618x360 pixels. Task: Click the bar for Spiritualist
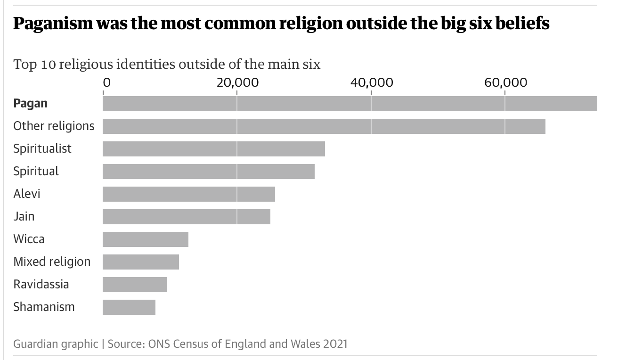tap(213, 148)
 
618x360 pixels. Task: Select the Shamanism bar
tap(129, 307)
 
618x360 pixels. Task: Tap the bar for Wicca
tap(145, 239)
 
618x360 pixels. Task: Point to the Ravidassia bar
tap(134, 285)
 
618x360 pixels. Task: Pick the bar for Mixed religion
tap(140, 262)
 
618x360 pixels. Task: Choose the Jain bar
tap(186, 216)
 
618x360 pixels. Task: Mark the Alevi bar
tap(188, 194)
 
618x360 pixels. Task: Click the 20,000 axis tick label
tap(237, 82)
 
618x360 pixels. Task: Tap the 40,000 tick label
tap(372, 82)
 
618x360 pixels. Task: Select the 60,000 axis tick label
tap(505, 82)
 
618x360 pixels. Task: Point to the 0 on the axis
tap(107, 82)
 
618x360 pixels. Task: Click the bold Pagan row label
tap(30, 103)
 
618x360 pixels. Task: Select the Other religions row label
tap(54, 126)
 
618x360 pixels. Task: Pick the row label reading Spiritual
tap(36, 171)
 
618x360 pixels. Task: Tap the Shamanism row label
tap(44, 307)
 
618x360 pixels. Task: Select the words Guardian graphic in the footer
tap(56, 344)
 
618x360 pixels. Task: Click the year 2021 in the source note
tap(335, 344)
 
